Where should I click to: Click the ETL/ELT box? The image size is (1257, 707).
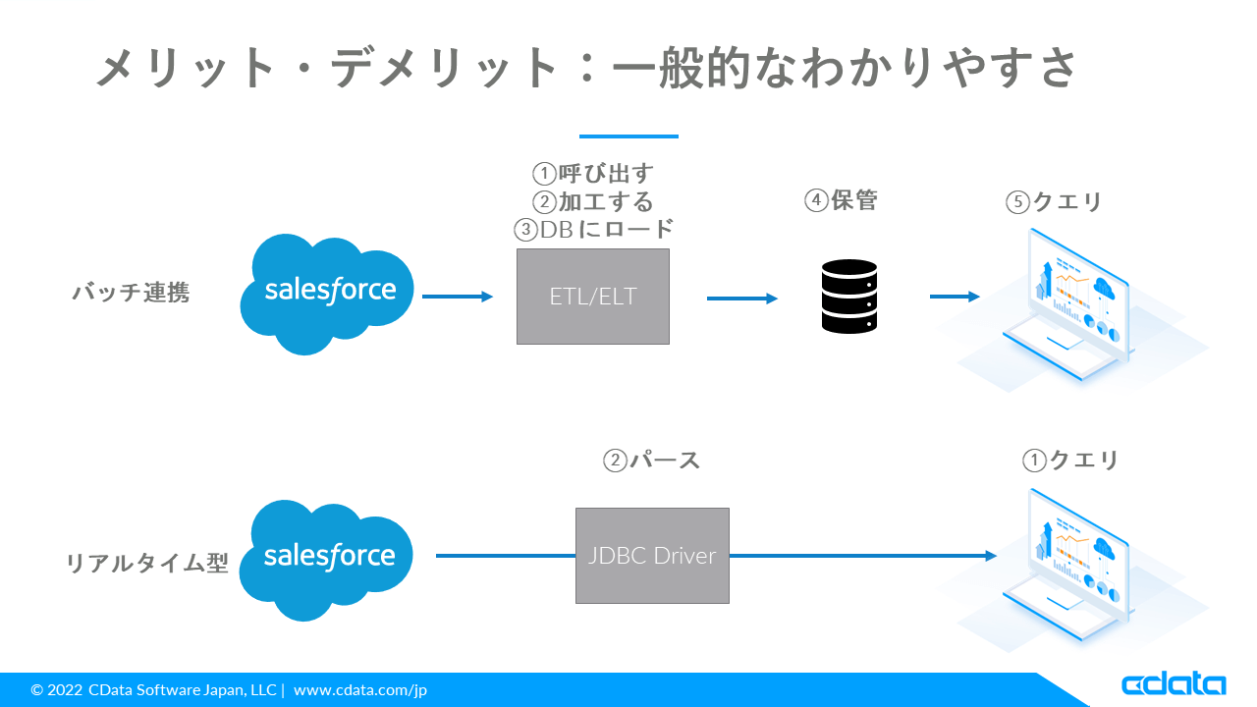pos(592,297)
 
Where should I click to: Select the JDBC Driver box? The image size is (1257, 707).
pos(652,556)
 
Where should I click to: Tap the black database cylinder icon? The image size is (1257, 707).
pos(849,297)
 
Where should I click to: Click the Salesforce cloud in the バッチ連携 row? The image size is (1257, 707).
pos(327,294)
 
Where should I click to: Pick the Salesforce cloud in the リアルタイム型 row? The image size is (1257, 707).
pos(326,560)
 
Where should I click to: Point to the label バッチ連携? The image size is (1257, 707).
pos(132,293)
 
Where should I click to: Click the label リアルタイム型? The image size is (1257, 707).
pos(147,563)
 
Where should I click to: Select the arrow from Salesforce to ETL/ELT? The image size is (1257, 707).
pos(458,297)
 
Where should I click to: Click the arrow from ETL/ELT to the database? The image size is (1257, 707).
pos(741,299)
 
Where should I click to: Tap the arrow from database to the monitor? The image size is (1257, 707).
pos(955,297)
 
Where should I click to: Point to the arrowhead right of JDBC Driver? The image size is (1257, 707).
pos(991,556)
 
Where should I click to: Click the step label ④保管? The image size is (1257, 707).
pos(841,200)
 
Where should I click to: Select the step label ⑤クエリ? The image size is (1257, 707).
pos(1054,201)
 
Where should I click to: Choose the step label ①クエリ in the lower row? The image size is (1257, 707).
pos(1070,461)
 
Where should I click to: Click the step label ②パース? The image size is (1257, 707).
pos(651,461)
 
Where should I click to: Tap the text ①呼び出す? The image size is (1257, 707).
pos(593,174)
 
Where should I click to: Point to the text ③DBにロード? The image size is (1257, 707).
pos(594,229)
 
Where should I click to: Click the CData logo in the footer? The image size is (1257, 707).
pos(1174,684)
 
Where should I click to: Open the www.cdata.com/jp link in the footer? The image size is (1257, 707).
pos(360,689)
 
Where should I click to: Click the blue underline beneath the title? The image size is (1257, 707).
pos(628,136)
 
